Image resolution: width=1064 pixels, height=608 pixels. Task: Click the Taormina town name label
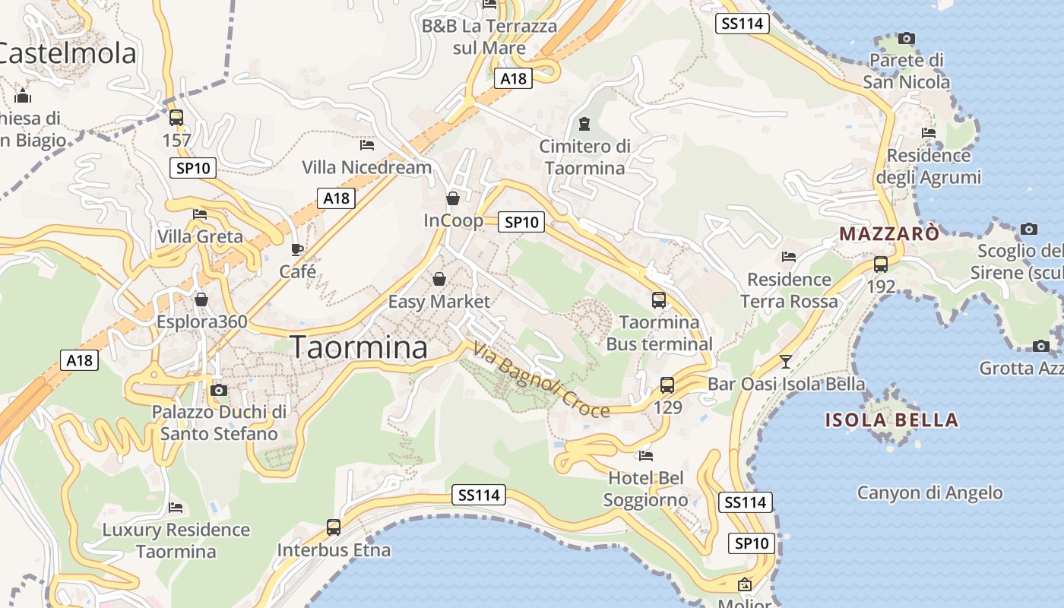click(x=359, y=347)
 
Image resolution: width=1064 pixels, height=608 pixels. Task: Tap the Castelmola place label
click(x=68, y=53)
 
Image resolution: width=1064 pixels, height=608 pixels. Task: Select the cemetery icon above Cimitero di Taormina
click(x=584, y=123)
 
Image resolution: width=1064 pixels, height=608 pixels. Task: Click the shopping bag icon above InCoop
click(x=453, y=198)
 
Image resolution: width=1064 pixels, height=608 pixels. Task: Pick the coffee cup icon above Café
click(x=297, y=249)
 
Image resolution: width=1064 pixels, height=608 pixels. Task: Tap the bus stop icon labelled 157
click(x=176, y=118)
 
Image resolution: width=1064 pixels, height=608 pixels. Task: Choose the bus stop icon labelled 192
click(x=881, y=264)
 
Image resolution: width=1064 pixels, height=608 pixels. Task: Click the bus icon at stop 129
click(x=667, y=385)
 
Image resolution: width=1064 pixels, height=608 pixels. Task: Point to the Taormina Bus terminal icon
click(x=659, y=300)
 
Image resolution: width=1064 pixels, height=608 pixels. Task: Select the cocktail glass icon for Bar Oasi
click(x=786, y=361)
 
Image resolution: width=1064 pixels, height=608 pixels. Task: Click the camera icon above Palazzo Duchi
click(x=219, y=390)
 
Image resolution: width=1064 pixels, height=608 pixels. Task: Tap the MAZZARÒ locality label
click(x=889, y=233)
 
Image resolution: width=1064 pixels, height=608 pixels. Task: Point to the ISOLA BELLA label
click(x=891, y=420)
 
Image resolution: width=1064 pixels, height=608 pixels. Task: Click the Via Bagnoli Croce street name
click(x=541, y=380)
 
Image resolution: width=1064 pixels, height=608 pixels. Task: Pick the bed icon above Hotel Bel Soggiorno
click(x=646, y=456)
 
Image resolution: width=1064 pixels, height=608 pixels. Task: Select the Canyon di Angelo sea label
click(x=929, y=492)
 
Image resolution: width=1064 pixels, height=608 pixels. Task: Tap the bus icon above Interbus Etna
click(x=334, y=527)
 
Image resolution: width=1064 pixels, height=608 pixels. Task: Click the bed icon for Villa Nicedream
click(x=367, y=144)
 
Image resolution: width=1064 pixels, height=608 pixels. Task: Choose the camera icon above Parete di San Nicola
click(x=906, y=38)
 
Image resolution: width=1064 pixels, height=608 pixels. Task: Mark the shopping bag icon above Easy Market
click(x=439, y=279)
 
